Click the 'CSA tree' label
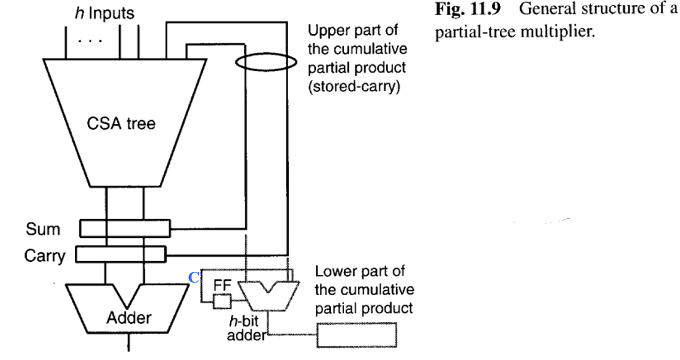[x=121, y=123]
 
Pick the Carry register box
[x=120, y=254]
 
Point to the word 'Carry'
[x=45, y=256]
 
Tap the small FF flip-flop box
[x=222, y=302]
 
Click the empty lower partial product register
[x=357, y=332]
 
